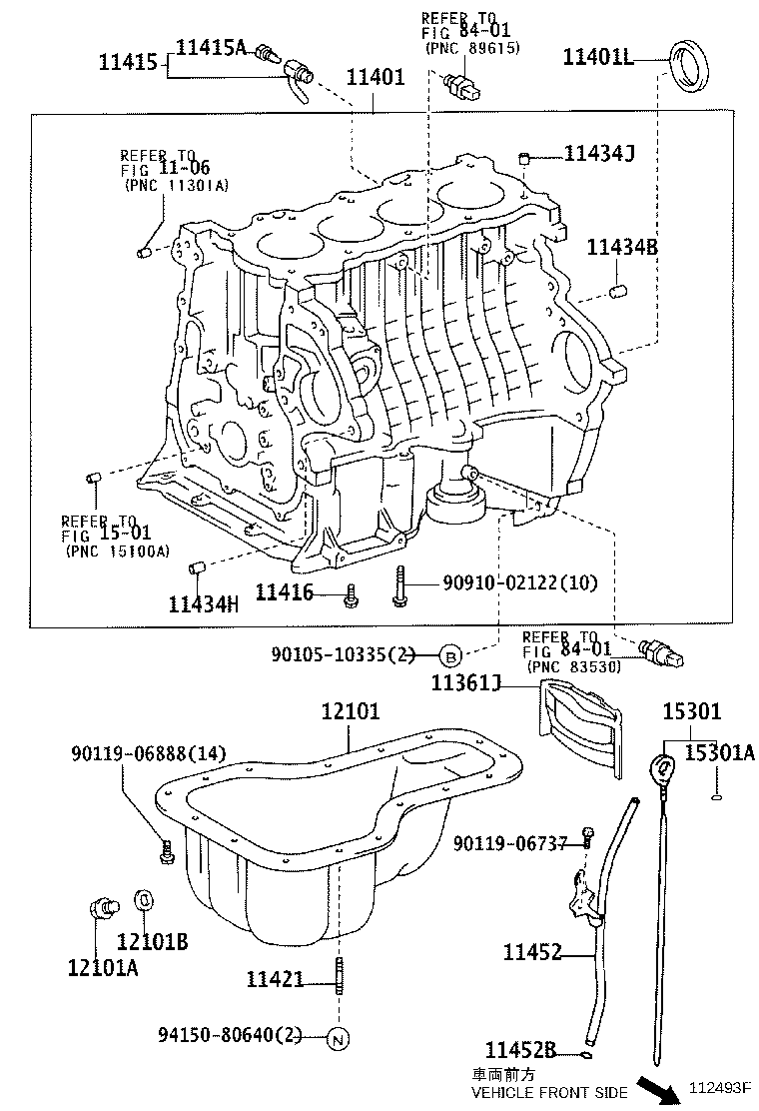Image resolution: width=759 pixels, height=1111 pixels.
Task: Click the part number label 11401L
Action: coord(598,57)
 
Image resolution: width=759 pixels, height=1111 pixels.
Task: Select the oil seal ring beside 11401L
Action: coord(688,65)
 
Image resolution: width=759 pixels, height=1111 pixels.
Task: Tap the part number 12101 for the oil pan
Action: coord(350,712)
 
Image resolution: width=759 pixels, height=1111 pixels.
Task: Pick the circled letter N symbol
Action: coord(337,1038)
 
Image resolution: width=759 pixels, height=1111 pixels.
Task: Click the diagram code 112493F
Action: coord(721,1090)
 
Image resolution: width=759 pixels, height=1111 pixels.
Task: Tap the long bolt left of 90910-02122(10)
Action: coord(398,585)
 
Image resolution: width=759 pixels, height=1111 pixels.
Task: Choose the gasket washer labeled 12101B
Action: coord(143,900)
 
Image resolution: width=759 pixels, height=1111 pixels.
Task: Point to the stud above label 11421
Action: coord(340,975)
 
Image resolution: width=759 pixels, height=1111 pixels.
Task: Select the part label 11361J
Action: coord(465,683)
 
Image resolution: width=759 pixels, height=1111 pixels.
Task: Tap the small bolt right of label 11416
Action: coord(350,595)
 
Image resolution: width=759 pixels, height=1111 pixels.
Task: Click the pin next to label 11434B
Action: coord(617,291)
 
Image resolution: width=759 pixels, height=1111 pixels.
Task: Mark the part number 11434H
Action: coord(204,603)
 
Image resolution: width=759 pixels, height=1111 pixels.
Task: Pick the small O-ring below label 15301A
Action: coord(716,796)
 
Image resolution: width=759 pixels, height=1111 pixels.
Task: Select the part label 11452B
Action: coord(520,1049)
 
